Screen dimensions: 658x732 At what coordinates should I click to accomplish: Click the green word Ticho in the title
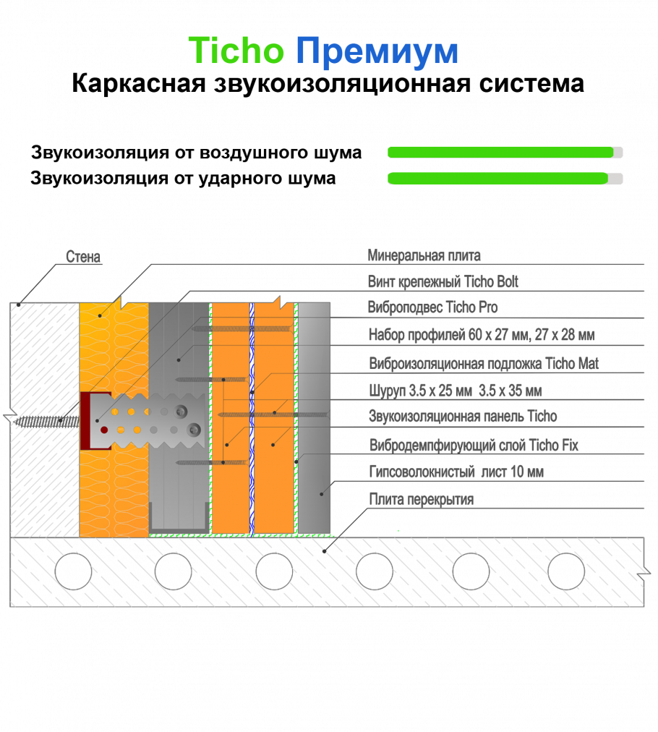pos(236,50)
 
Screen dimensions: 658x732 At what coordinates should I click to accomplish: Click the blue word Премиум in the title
pos(377,51)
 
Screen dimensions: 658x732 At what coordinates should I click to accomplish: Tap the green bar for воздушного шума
pos(500,152)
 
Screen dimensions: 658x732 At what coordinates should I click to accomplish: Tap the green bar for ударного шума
pos(497,179)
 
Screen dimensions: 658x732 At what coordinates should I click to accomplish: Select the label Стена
pos(83,256)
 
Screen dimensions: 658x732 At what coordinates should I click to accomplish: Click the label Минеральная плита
pos(424,255)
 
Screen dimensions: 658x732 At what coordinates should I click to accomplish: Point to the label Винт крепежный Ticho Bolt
pos(443,281)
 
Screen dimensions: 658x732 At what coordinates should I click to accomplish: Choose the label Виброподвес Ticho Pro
pos(432,307)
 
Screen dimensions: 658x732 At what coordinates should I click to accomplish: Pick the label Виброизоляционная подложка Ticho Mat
pos(484,363)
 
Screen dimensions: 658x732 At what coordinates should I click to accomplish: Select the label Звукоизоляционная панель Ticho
pos(463,416)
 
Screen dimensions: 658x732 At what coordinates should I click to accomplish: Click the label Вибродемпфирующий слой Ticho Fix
pos(474,445)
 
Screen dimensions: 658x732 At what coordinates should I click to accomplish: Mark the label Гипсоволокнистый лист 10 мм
pos(456,472)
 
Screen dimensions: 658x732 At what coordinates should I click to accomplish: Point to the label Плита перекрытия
pos(422,499)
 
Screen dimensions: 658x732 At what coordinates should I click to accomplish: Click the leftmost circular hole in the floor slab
pos(73,571)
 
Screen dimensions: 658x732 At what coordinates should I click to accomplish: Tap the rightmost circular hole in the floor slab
pos(566,571)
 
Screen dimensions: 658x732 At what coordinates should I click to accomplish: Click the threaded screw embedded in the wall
pos(47,422)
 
